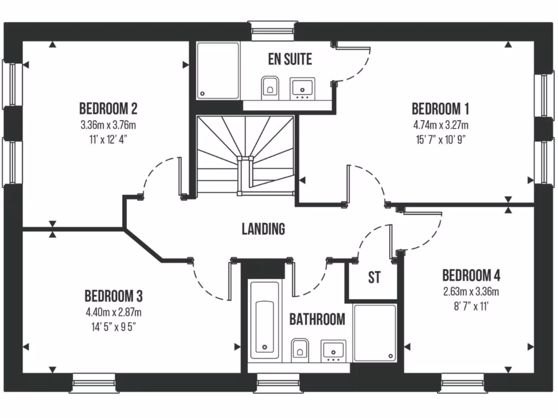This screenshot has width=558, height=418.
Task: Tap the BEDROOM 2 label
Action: pyautogui.click(x=108, y=107)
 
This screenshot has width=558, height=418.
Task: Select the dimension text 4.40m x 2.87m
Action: pyautogui.click(x=113, y=312)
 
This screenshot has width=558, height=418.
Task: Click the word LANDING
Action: pyautogui.click(x=263, y=229)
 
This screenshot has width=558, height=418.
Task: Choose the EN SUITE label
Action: pyautogui.click(x=290, y=59)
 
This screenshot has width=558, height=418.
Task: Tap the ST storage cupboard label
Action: pyautogui.click(x=374, y=278)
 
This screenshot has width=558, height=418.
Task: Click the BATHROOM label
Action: pyautogui.click(x=317, y=319)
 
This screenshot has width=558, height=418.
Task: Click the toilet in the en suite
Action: pyautogui.click(x=269, y=87)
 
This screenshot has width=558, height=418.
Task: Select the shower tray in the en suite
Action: pyautogui.click(x=218, y=71)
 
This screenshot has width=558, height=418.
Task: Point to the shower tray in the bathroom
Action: pyautogui.click(x=375, y=333)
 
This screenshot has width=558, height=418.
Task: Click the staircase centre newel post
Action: pyautogui.click(x=245, y=159)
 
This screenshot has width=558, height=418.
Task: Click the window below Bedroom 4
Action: pyautogui.click(x=462, y=383)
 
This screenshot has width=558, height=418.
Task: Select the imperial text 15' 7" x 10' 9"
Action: pyautogui.click(x=440, y=138)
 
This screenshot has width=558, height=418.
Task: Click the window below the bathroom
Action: pyautogui.click(x=277, y=383)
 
